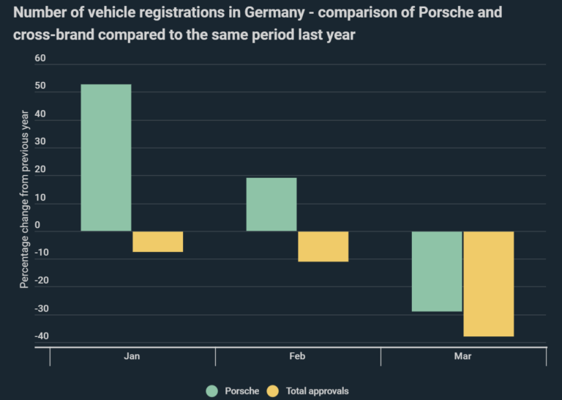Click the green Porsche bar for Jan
click(x=106, y=158)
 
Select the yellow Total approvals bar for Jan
click(x=158, y=242)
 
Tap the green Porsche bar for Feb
click(x=271, y=204)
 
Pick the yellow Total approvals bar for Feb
click(x=323, y=247)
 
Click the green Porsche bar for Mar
click(x=437, y=271)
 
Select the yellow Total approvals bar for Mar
click(x=489, y=284)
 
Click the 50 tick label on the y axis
click(x=40, y=86)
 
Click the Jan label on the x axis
click(x=132, y=356)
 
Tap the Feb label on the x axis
click(x=298, y=356)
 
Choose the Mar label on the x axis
click(x=463, y=356)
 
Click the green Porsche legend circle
click(x=212, y=390)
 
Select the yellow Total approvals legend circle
click(x=274, y=390)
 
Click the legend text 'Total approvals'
click(x=318, y=390)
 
